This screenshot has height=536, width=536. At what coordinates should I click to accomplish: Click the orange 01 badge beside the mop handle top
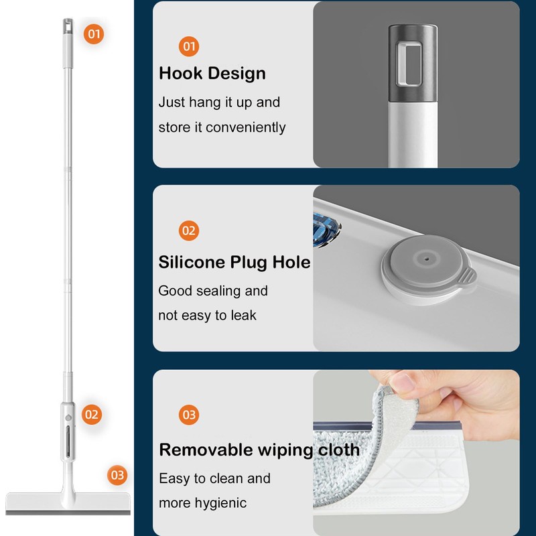pos(94,34)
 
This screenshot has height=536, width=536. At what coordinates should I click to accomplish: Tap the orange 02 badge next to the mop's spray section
pos(92,415)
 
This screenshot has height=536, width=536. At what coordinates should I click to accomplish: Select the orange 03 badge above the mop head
pos(117,475)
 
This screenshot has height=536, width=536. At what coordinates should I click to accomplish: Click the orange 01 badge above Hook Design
pos(189,46)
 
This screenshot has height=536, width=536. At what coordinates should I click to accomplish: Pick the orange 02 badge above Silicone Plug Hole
pos(189,230)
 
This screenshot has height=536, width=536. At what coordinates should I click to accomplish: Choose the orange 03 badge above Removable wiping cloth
pos(189,415)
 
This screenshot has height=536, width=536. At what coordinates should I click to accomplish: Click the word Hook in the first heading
pos(180,73)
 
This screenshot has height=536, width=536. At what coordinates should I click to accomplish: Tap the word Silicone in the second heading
pos(192,262)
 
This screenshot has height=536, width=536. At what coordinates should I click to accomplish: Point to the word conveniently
pos(245,127)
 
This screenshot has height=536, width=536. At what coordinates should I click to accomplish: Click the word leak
pos(243,315)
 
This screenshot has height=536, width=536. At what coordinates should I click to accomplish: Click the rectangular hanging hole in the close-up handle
pos(413,64)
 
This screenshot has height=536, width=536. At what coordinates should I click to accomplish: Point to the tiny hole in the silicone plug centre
pos(425,258)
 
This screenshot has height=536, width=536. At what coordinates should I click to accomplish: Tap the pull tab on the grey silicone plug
pos(468,275)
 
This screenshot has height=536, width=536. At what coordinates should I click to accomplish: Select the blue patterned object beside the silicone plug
pos(326,229)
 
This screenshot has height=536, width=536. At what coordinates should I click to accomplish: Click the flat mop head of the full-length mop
pos(68,503)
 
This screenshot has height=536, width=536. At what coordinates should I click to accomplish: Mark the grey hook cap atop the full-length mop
pos(68,26)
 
